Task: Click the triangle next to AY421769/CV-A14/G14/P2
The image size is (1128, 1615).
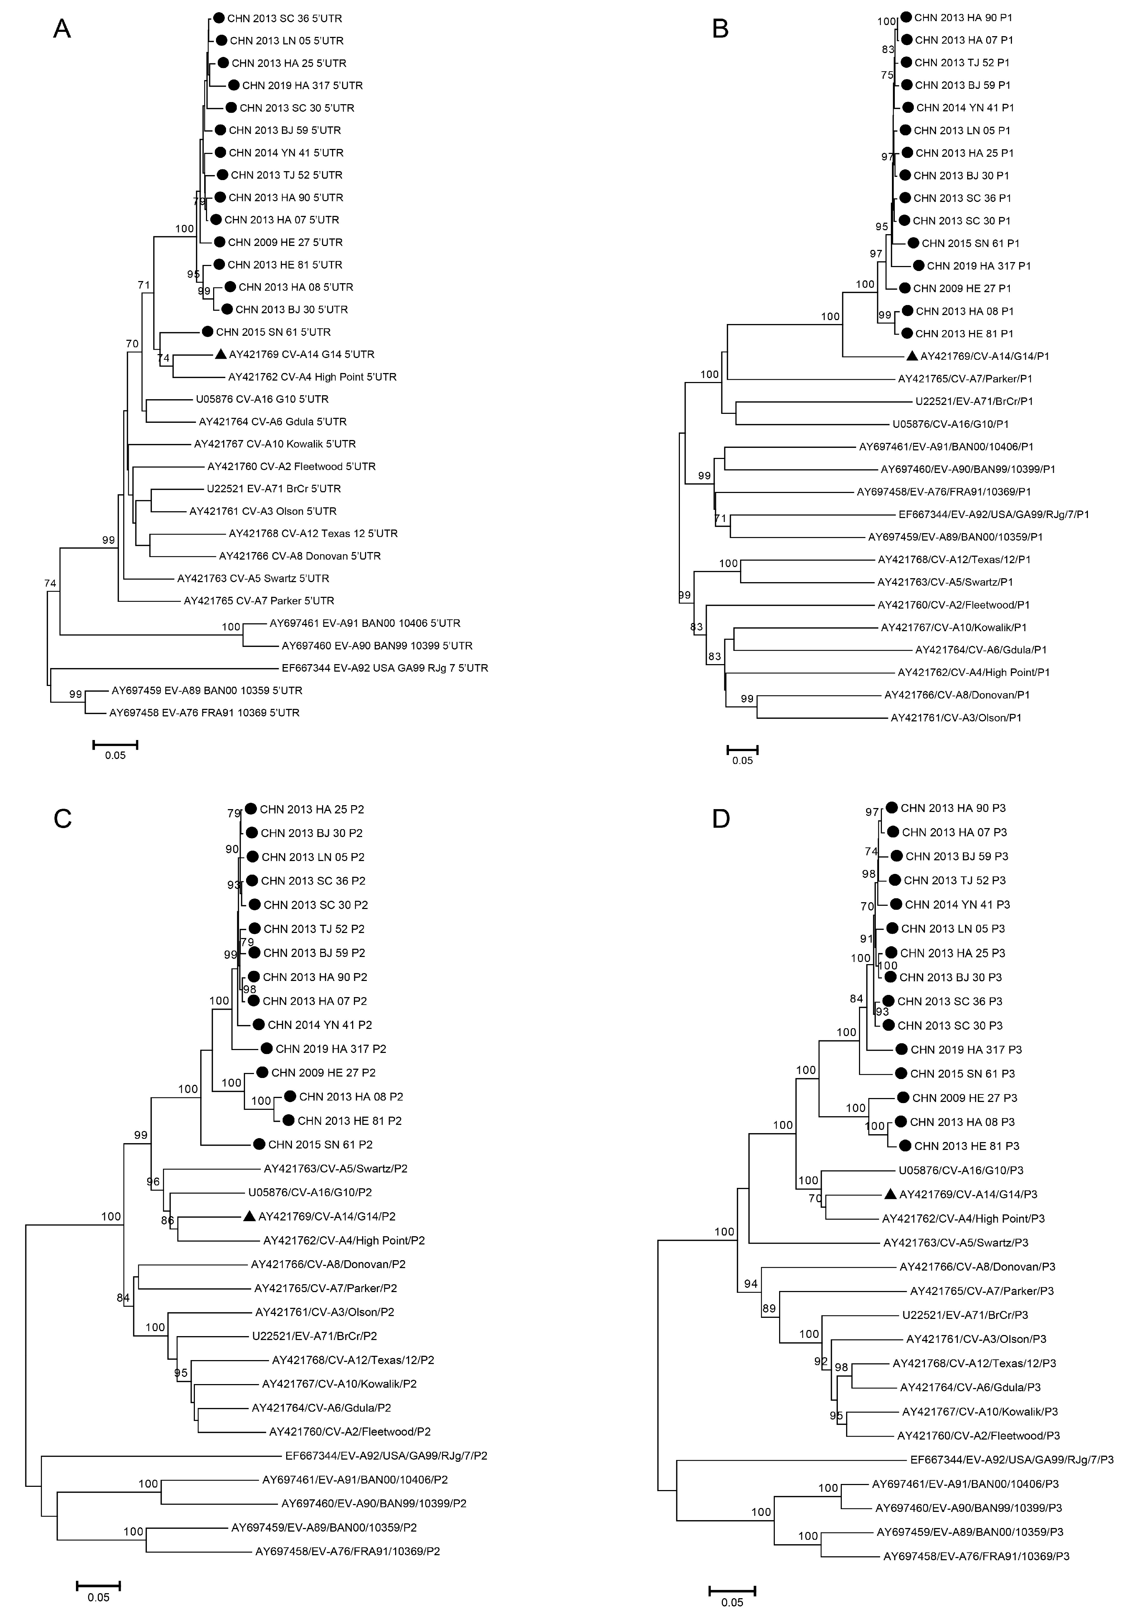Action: click(x=249, y=1216)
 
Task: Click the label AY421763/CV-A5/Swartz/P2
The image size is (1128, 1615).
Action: click(x=336, y=1168)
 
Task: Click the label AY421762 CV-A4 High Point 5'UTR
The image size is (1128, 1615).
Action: click(x=312, y=377)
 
